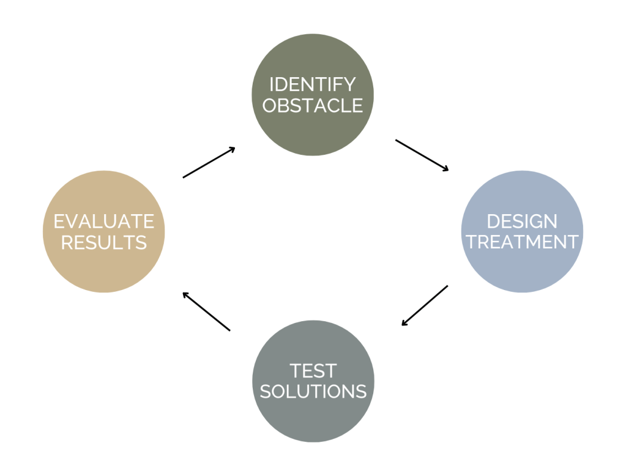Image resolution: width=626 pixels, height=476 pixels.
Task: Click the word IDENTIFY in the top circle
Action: click(x=313, y=84)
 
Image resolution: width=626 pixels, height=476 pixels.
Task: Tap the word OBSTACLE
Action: click(x=313, y=105)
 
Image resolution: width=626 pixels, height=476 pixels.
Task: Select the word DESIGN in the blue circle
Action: click(x=522, y=221)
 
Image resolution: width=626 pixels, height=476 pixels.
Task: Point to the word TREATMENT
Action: click(x=522, y=242)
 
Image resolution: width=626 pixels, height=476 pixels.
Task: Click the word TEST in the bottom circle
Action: click(x=313, y=371)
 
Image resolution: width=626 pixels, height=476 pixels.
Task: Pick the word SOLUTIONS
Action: click(x=313, y=391)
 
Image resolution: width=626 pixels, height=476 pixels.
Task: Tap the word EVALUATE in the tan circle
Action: click(x=104, y=221)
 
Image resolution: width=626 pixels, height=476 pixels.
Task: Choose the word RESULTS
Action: click(x=104, y=242)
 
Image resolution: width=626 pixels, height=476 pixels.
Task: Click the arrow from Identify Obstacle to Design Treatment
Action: click(x=422, y=155)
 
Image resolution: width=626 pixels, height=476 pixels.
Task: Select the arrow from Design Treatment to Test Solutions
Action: click(x=425, y=305)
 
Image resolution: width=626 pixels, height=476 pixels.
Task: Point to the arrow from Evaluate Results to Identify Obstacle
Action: click(x=209, y=162)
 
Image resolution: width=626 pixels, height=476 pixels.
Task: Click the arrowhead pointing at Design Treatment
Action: click(x=445, y=168)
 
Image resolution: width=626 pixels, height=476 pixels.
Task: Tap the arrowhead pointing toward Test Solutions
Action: click(x=404, y=323)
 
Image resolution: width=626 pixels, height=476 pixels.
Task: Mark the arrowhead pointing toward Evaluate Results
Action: click(x=185, y=294)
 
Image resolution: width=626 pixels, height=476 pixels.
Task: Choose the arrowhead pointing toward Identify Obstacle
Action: click(x=232, y=149)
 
